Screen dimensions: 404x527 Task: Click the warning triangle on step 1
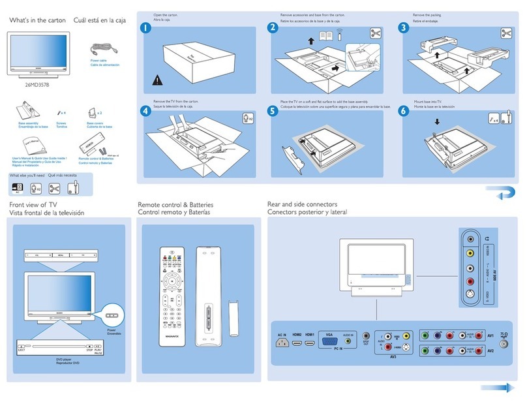point(156,81)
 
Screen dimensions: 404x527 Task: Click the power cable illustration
point(101,48)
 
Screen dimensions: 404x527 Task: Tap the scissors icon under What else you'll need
point(54,188)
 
